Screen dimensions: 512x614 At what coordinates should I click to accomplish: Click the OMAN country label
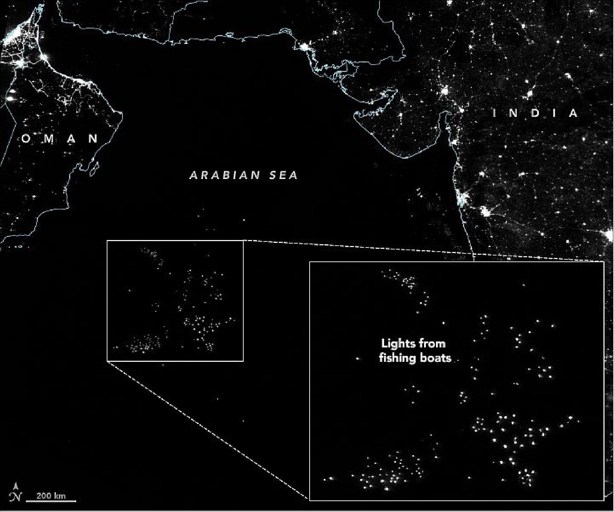tap(60, 139)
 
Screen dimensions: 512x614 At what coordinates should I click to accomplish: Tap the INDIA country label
tap(535, 113)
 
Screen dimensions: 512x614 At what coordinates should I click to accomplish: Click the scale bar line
tap(51, 501)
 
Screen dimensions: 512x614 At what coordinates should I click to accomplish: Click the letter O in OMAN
tap(26, 139)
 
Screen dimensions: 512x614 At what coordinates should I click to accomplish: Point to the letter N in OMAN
tap(94, 139)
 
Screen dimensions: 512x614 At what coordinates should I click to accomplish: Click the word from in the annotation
tap(434, 343)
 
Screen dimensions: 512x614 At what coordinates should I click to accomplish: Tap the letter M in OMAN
tap(48, 139)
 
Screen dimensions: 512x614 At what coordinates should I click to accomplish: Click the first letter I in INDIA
tap(495, 113)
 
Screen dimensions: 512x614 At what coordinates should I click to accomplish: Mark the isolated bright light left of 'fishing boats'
tap(358, 359)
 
